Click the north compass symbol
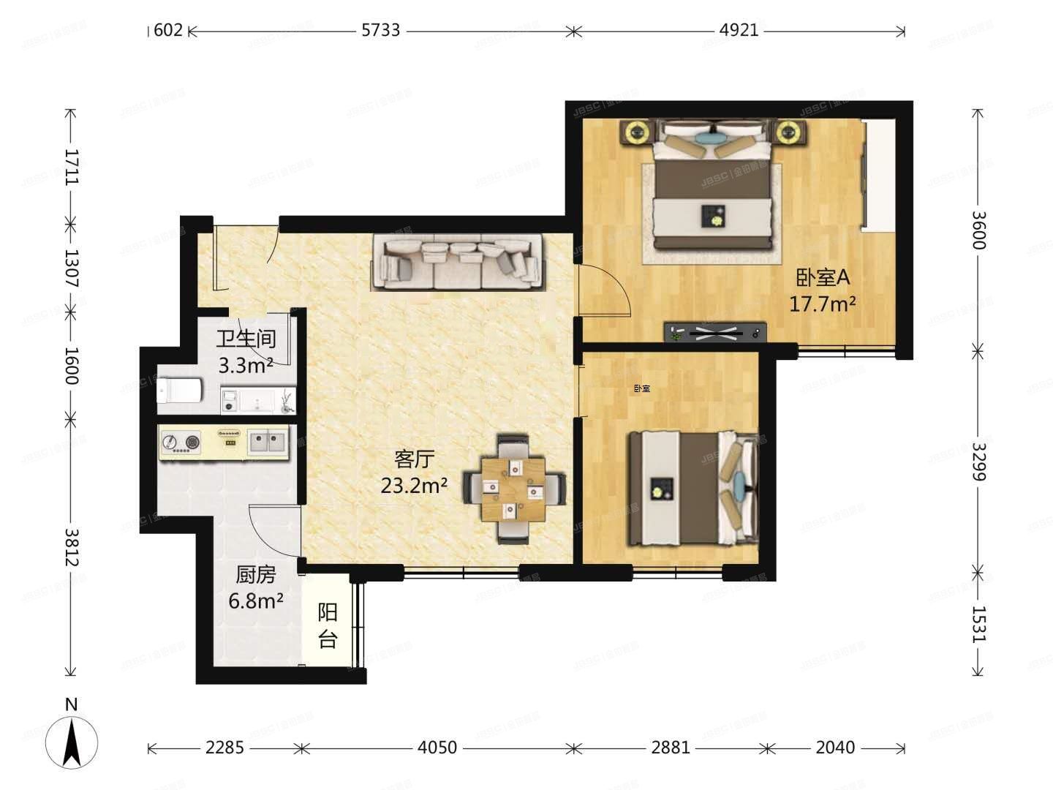(x=71, y=740)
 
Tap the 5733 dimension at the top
(x=381, y=30)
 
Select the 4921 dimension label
(x=739, y=30)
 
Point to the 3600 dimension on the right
(x=978, y=230)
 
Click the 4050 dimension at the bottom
(x=437, y=748)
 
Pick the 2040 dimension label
(x=835, y=748)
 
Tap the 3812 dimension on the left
(x=71, y=546)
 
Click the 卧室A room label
(x=823, y=278)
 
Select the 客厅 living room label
(x=415, y=459)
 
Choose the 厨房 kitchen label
(x=256, y=575)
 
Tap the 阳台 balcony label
(x=328, y=626)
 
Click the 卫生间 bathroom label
(x=246, y=339)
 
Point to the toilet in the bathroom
(x=178, y=391)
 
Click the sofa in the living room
(x=458, y=262)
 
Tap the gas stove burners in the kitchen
(x=181, y=443)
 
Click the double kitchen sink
(x=267, y=442)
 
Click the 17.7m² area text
(x=823, y=304)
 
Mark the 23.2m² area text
(x=415, y=485)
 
